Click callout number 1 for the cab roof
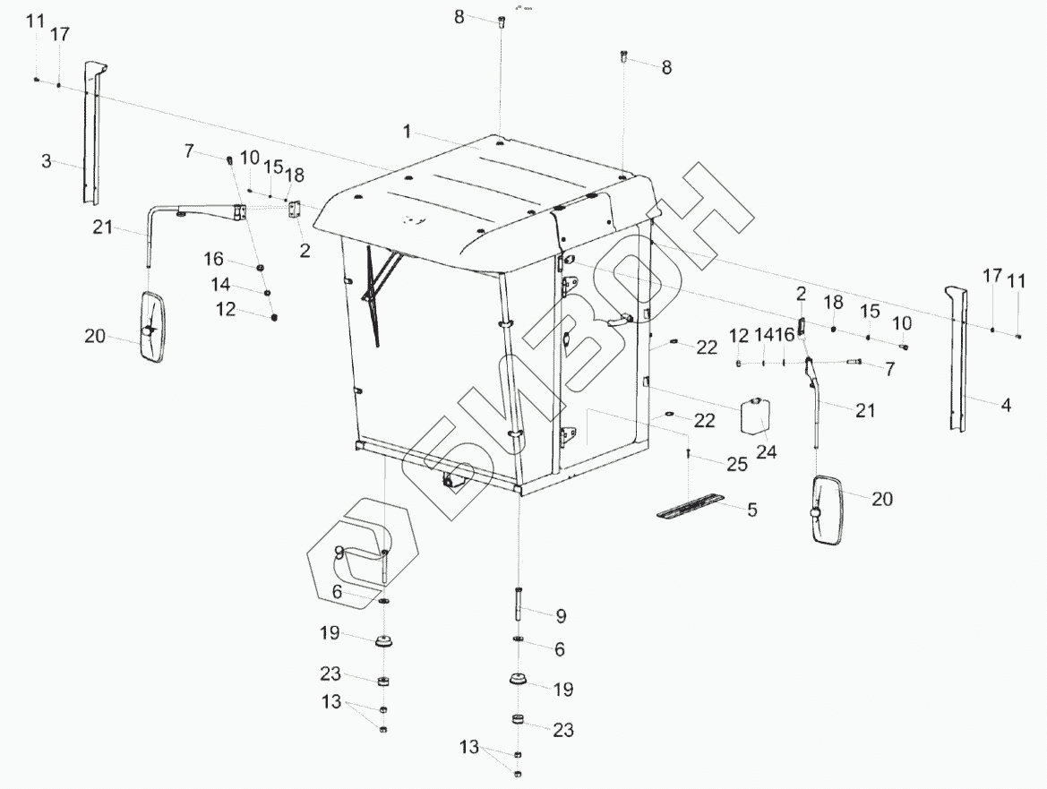click(x=407, y=132)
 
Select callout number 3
click(x=47, y=162)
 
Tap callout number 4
click(x=1006, y=405)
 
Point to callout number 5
click(x=752, y=510)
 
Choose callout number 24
click(x=766, y=451)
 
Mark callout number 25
click(x=736, y=465)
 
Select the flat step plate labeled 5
click(x=691, y=507)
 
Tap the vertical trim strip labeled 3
click(x=90, y=134)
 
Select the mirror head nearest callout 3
click(x=152, y=327)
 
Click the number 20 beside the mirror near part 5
click(x=882, y=499)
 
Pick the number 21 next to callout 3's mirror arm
click(x=103, y=227)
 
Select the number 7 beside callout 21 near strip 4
click(x=889, y=368)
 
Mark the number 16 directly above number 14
click(x=213, y=259)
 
